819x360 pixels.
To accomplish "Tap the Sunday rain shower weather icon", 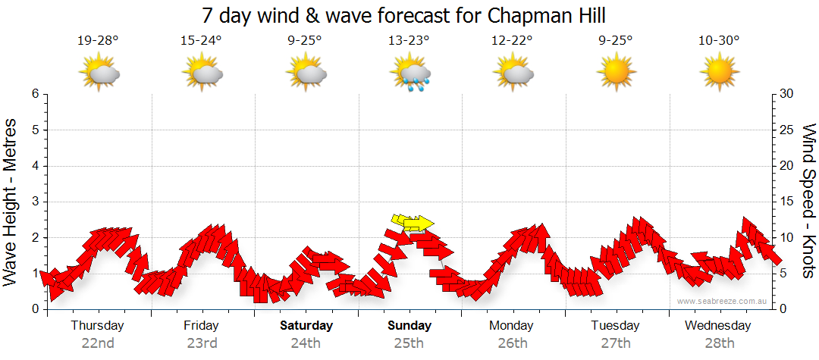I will (410, 74).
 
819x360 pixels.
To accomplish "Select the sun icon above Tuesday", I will (616, 74).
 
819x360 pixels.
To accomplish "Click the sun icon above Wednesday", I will (719, 74).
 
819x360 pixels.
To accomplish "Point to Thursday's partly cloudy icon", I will (99, 74).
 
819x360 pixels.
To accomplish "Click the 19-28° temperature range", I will (98, 41).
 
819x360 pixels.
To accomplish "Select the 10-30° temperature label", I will (719, 41).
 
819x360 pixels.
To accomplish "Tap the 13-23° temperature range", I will (409, 41).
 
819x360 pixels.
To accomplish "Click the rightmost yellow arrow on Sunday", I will (419, 224).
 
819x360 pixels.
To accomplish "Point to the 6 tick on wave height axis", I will (34, 94).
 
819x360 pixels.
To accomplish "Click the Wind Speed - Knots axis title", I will (808, 201).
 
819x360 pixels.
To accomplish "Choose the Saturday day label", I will (306, 326).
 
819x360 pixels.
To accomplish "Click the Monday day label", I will (511, 326).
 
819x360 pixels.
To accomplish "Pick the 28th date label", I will (719, 343).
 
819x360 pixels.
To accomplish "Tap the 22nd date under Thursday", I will (98, 343).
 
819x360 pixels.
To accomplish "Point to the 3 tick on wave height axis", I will (34, 202).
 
